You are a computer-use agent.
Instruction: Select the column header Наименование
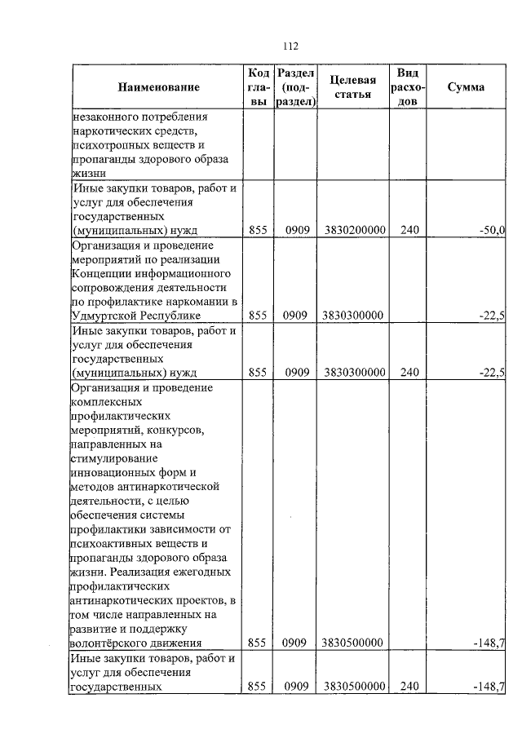(158, 86)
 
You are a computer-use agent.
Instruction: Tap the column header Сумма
(466, 86)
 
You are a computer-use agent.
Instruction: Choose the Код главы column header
(258, 86)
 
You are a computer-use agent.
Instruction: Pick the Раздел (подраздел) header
(295, 86)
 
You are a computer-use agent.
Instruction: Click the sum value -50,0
(492, 231)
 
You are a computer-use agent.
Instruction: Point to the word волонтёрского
(108, 643)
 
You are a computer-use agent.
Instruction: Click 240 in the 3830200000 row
(409, 231)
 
